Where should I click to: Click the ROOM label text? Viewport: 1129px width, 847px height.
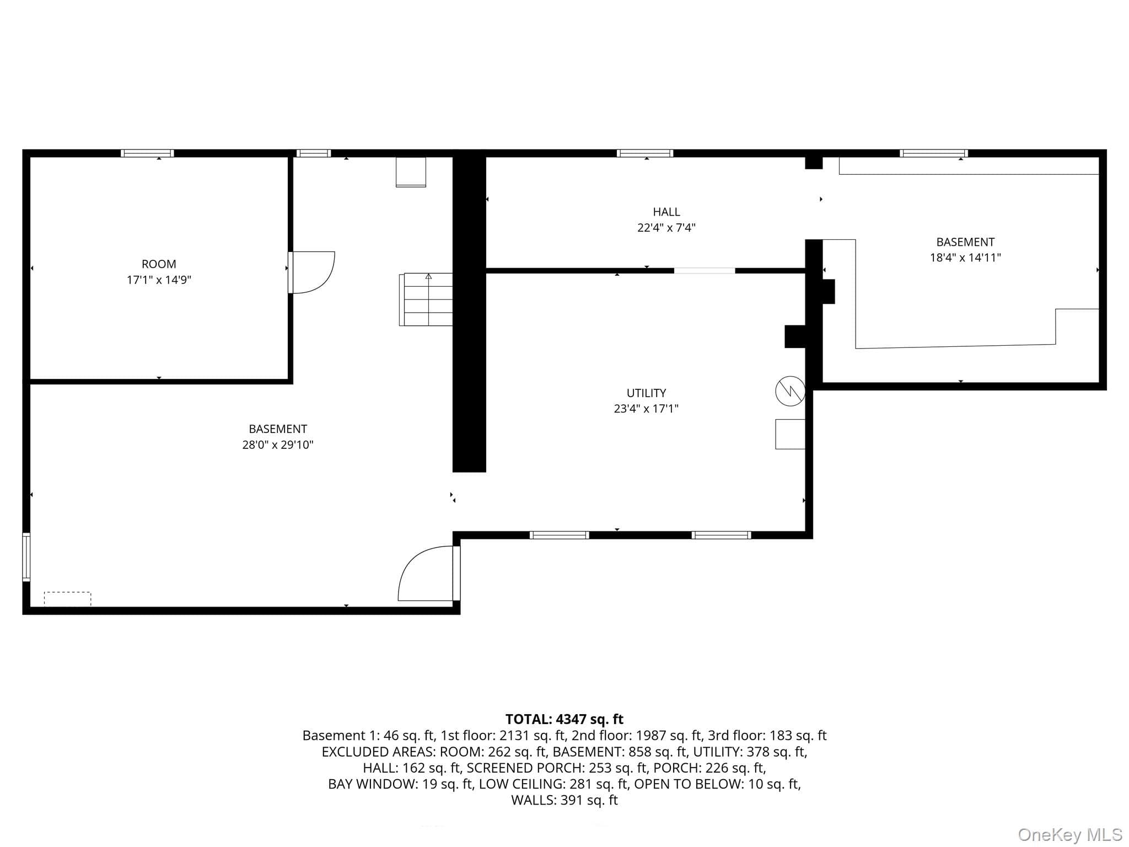[159, 264]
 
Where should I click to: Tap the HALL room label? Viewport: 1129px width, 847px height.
[666, 212]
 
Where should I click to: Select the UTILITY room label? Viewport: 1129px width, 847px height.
[646, 393]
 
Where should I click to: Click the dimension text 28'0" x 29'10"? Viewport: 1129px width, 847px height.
[278, 444]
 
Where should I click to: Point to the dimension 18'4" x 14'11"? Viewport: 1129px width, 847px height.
[965, 258]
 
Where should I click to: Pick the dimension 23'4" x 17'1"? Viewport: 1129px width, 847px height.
[646, 409]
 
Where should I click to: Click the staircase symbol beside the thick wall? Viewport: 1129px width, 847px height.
[426, 299]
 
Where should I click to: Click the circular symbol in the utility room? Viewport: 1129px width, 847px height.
[790, 391]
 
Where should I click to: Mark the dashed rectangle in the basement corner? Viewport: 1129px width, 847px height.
[67, 599]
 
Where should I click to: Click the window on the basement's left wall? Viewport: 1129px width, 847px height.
[26, 557]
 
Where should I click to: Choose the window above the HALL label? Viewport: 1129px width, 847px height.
[645, 153]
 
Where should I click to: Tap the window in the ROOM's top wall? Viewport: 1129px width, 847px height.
[147, 153]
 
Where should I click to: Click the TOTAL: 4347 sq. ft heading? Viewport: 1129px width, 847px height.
[564, 719]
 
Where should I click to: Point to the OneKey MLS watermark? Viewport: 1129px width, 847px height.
[1070, 835]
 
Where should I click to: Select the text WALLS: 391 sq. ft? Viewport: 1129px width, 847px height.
[564, 800]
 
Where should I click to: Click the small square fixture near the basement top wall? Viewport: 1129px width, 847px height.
[411, 172]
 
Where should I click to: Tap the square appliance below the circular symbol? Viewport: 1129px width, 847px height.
[790, 434]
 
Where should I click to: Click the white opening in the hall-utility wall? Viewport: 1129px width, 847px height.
[705, 271]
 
